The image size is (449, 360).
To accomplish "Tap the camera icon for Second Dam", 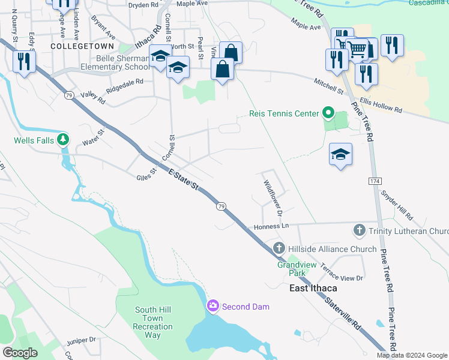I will pos(212,307).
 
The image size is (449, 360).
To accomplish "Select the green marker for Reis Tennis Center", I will pos(328,113).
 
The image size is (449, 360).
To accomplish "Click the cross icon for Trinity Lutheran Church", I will pos(359,230).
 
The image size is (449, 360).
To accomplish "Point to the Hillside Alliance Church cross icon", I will pos(279,248).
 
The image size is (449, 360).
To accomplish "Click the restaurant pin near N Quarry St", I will pos(24,61).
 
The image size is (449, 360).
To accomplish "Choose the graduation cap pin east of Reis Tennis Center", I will pos(340,154).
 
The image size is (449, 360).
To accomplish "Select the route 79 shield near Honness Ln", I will pos(221,206).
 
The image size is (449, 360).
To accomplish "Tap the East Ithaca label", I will pos(309,288).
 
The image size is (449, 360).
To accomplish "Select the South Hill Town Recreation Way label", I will pos(153,322).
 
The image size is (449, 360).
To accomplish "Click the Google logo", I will pos(20,353).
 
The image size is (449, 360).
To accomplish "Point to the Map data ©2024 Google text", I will pos(412,355).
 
